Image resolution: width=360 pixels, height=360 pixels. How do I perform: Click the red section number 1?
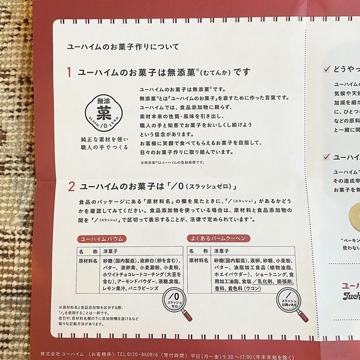tap(70, 73)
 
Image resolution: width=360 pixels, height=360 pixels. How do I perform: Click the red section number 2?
tap(70, 185)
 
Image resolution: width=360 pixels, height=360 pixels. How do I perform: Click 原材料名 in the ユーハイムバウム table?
tap(88, 262)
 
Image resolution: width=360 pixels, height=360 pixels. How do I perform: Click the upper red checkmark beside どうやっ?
tap(327, 70)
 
